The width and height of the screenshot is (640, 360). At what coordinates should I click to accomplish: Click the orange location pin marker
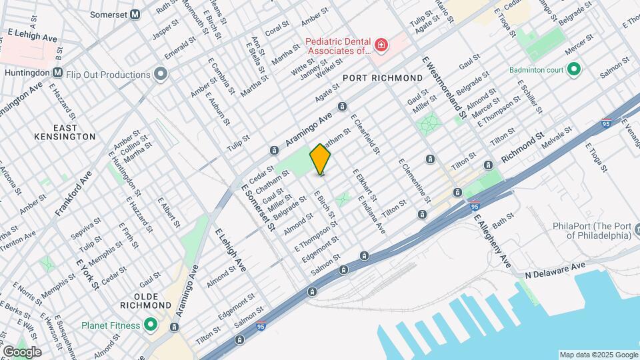pos(320,159)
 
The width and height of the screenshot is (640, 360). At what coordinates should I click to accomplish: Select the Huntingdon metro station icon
pos(58,72)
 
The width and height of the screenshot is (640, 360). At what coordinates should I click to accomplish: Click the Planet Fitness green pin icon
pos(151,325)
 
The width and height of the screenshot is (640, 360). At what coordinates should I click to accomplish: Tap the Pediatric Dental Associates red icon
pos(381,45)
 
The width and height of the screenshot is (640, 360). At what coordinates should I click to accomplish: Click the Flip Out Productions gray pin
pos(160,74)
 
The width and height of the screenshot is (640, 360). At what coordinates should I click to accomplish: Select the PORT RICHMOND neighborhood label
pos(383,79)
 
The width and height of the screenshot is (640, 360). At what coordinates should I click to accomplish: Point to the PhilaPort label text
pos(592,231)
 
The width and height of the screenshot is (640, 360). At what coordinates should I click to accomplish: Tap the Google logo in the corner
pos(21,351)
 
